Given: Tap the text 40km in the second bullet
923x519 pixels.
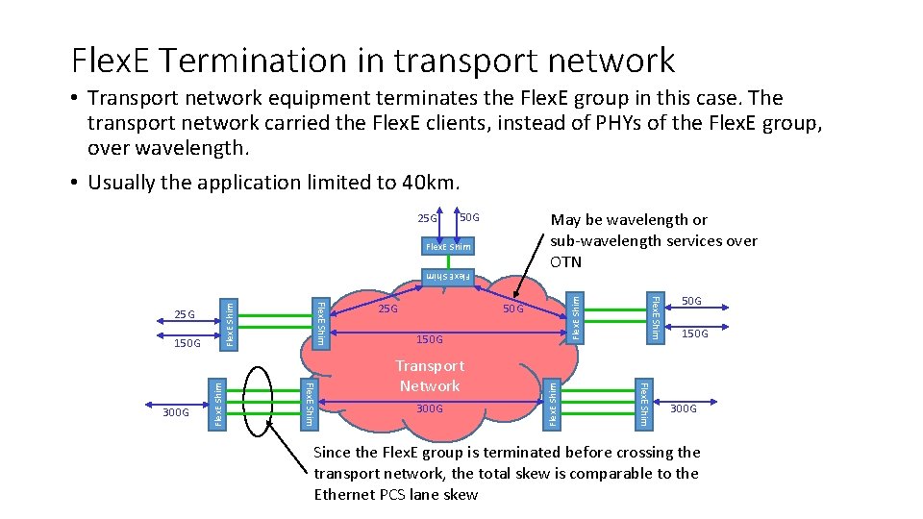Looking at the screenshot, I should click(x=433, y=183).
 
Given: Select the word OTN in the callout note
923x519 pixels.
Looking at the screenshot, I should click(x=567, y=261).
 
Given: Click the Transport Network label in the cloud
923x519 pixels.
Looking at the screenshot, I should click(x=430, y=376).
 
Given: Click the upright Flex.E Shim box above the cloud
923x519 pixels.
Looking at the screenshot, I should click(x=448, y=247).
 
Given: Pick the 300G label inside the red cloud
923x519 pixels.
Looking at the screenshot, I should click(x=430, y=409).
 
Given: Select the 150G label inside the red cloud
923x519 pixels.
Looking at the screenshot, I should click(x=430, y=339).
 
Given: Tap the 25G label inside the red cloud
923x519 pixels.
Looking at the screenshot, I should click(x=387, y=309).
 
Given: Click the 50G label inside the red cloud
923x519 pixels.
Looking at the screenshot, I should click(x=513, y=309).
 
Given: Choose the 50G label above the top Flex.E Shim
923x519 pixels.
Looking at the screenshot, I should click(x=468, y=218).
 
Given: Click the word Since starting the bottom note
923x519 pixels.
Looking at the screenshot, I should click(x=333, y=452).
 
